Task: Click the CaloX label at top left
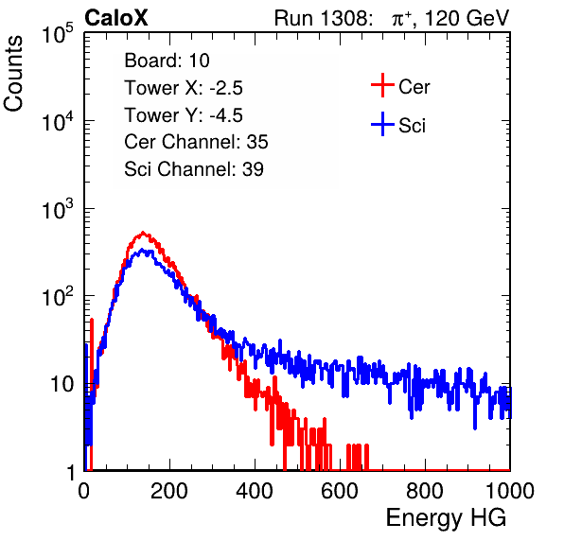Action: click(x=116, y=18)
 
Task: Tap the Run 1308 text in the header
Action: click(x=322, y=18)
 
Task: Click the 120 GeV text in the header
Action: click(x=467, y=18)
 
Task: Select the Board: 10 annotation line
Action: click(x=167, y=61)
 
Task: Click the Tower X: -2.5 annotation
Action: click(x=184, y=88)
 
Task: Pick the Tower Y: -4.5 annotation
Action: click(x=184, y=115)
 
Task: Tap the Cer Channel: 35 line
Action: click(x=196, y=142)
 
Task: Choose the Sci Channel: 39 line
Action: click(x=194, y=169)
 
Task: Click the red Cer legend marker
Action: click(x=382, y=85)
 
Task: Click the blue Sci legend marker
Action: click(x=382, y=124)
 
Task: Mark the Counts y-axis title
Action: click(x=13, y=73)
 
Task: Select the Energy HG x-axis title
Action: click(x=446, y=517)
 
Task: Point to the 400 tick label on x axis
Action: click(x=255, y=491)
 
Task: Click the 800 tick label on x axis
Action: click(x=425, y=491)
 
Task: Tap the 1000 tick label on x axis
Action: click(x=510, y=491)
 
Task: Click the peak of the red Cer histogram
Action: click(x=143, y=233)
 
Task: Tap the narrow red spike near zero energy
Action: click(x=92, y=359)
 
